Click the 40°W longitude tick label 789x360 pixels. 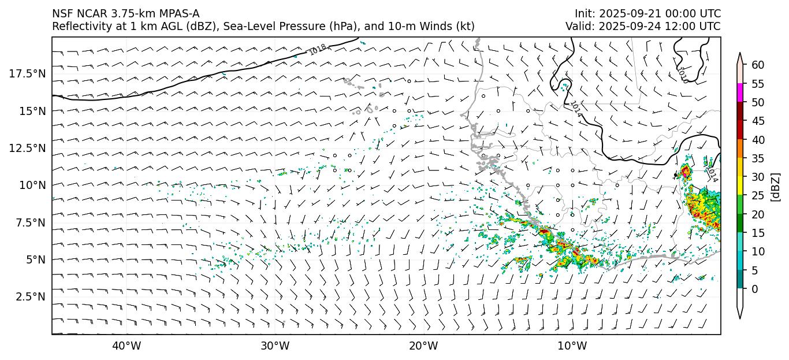point(126,346)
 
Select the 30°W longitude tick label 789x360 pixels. point(275,346)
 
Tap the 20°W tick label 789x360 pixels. point(423,346)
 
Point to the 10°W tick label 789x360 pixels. point(572,346)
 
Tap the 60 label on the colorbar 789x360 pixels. point(758,65)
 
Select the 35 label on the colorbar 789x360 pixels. point(758,158)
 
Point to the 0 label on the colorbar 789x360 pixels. point(754,289)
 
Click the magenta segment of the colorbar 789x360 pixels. point(740,93)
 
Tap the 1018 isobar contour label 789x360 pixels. point(317,50)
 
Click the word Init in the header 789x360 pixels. point(584,14)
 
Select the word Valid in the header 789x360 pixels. point(578,27)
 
